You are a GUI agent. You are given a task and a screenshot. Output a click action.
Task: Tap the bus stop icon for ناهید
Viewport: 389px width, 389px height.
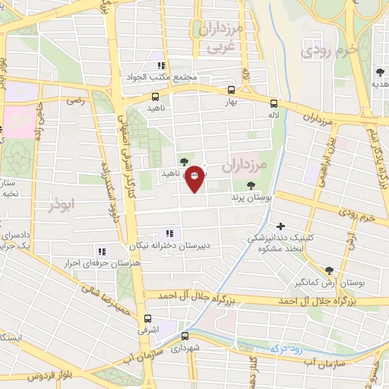coord(155,96)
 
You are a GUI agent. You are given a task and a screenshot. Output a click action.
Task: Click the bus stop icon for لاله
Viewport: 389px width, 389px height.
coord(274,106)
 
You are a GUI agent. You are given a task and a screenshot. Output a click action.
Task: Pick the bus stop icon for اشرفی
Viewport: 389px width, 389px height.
coord(147,319)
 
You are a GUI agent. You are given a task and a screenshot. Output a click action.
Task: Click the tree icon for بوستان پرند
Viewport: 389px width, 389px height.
coord(251,185)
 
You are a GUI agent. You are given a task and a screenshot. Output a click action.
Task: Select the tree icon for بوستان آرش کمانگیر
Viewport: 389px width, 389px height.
coord(328,270)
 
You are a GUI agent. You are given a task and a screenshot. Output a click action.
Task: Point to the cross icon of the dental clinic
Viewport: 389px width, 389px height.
coord(281,226)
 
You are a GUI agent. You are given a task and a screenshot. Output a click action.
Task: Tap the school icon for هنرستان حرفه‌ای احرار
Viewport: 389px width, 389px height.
coord(101,251)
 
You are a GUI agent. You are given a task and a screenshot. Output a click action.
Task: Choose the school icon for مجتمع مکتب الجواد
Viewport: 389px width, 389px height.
coord(160,65)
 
